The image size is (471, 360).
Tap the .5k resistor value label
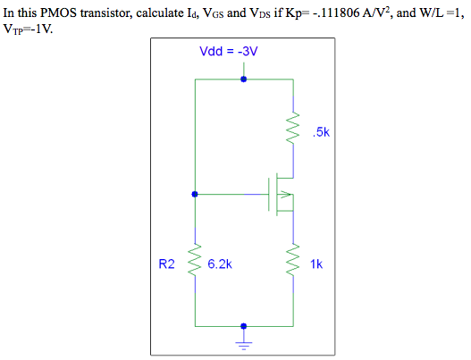pyautogui.click(x=322, y=133)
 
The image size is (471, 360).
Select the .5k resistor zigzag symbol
pyautogui.click(x=290, y=131)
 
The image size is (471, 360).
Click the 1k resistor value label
pyautogui.click(x=317, y=264)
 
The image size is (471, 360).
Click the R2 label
pyautogui.click(x=167, y=264)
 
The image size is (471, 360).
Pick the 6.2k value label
pyautogui.click(x=220, y=264)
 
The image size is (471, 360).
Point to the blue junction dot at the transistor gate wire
pyautogui.click(x=195, y=193)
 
